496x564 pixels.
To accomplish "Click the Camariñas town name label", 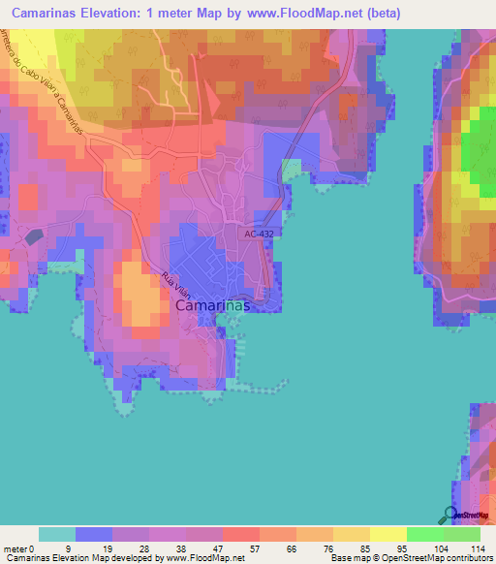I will [214, 305].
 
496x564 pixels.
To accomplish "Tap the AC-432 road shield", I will [260, 234].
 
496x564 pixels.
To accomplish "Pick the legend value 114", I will [475, 548].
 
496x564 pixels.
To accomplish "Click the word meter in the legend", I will [15, 548].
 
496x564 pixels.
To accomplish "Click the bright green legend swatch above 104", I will [424, 534].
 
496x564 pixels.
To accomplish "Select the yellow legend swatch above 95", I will [387, 534].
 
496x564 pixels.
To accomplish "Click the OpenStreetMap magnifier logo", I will [449, 515].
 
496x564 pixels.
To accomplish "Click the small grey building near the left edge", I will [34, 236].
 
